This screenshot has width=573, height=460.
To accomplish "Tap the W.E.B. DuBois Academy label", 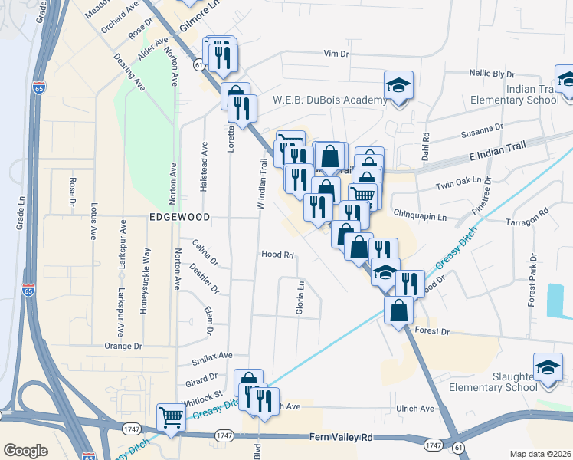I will pyautogui.click(x=329, y=100).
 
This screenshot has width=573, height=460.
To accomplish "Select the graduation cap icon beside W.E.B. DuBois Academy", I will pyautogui.click(x=398, y=85).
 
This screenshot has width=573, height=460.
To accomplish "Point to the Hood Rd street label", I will pyautogui.click(x=278, y=255).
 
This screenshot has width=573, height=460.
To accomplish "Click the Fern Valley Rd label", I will pyautogui.click(x=341, y=436).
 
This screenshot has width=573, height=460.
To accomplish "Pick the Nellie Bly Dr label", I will pyautogui.click(x=491, y=74).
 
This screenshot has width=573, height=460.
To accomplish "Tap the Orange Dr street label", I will pyautogui.click(x=123, y=346).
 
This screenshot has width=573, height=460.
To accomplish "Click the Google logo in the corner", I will pyautogui.click(x=26, y=450).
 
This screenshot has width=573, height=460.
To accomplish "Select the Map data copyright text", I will pyautogui.click(x=541, y=454).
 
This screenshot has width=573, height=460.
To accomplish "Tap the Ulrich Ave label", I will pyautogui.click(x=416, y=409).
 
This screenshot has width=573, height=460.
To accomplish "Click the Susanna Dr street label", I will pyautogui.click(x=482, y=133).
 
